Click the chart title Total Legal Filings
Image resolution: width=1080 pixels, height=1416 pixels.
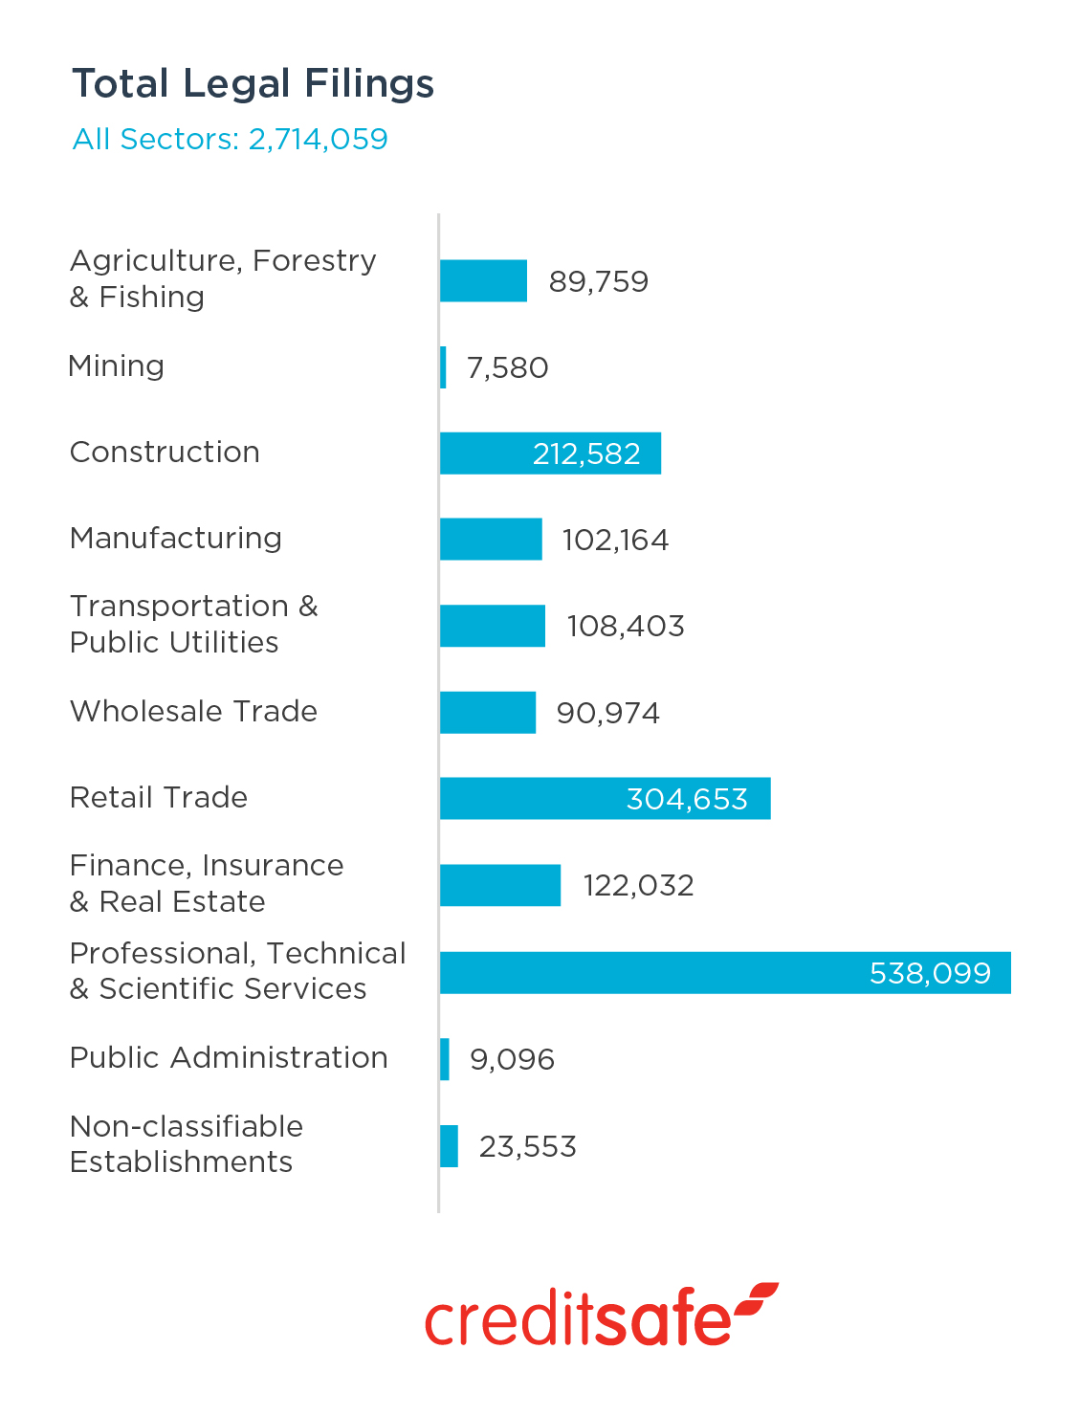tap(253, 84)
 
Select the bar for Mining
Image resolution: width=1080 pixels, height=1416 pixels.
tap(443, 367)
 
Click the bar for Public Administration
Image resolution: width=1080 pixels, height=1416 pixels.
tap(445, 1059)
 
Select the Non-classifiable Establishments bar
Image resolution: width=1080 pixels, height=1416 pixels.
tap(449, 1146)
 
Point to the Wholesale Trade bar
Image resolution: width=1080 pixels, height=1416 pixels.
tap(488, 713)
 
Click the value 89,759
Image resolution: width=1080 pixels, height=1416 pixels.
tap(599, 281)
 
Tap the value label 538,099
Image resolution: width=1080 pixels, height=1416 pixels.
tap(930, 973)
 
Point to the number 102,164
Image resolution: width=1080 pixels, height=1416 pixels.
tap(615, 540)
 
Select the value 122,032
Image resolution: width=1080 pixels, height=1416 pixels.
tap(638, 885)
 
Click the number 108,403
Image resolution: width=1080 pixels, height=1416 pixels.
tap(626, 626)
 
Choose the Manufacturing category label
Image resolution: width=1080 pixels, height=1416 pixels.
tap(176, 538)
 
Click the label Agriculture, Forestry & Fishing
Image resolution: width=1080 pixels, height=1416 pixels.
tap(223, 278)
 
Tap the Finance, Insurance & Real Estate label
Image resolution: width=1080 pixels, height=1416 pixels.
tap(207, 883)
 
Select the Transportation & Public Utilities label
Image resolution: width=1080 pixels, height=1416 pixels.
tap(194, 624)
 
